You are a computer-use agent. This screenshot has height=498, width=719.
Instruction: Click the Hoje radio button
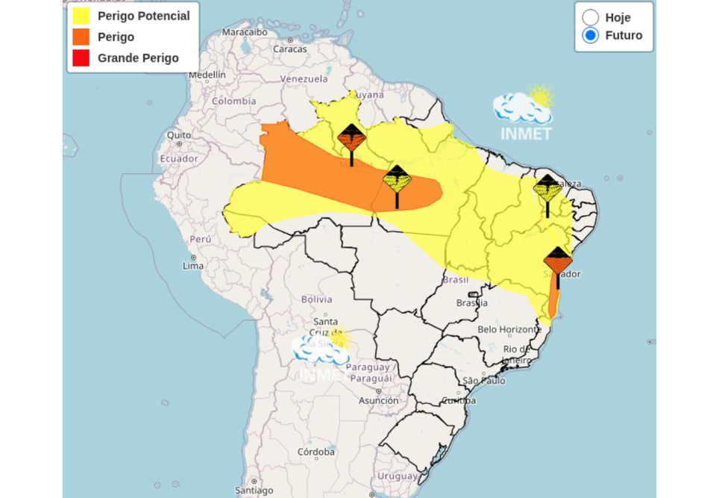(591, 17)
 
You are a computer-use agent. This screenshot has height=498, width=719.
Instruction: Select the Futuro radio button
(591, 35)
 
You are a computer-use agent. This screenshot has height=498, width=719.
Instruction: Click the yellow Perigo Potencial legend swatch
(81, 16)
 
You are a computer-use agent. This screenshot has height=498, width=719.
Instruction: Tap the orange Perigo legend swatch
(81, 37)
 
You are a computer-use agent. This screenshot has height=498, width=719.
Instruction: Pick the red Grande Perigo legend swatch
(81, 57)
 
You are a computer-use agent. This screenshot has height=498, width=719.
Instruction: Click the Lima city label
(193, 266)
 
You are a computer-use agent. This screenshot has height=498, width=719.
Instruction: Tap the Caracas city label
(289, 49)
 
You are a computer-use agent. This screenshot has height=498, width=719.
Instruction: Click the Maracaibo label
(245, 32)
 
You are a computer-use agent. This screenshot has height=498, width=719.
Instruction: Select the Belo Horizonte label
(509, 329)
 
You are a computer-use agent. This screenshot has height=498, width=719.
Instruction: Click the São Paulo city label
(484, 381)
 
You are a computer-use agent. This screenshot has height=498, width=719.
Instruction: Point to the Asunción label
(378, 400)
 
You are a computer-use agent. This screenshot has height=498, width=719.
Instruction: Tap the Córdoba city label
(315, 452)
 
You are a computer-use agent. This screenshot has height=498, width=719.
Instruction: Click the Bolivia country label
(316, 299)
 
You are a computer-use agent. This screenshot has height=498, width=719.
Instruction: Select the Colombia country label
(233, 101)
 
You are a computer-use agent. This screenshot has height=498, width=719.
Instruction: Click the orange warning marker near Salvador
(558, 261)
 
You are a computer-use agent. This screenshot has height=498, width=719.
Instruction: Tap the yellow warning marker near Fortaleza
(547, 190)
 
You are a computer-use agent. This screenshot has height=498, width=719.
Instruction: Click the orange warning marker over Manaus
(351, 139)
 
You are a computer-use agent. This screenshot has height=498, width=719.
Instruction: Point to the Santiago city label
(254, 491)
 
